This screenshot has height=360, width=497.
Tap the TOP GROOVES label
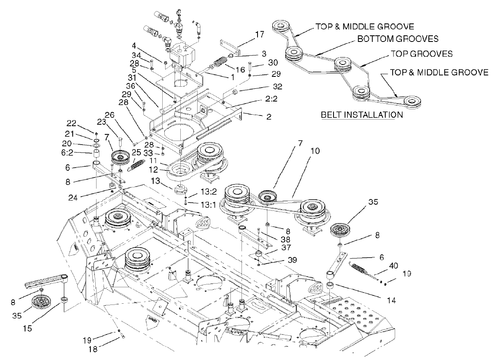tap(421, 54)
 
